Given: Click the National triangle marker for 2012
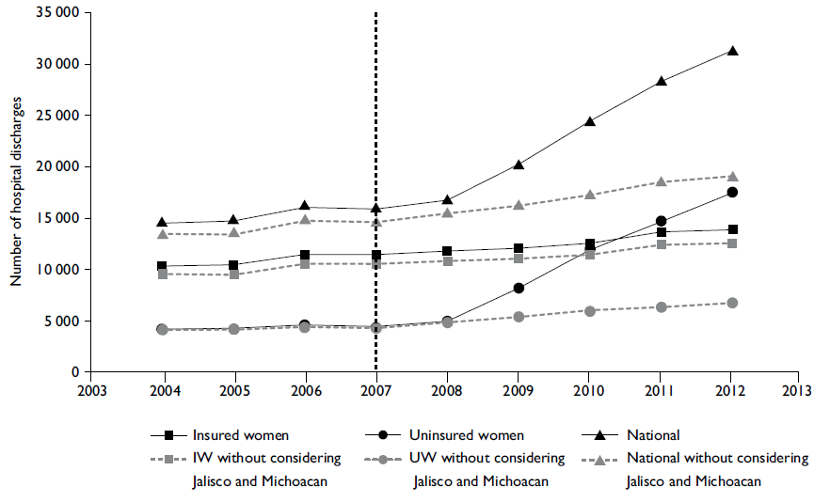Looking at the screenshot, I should coord(732,51).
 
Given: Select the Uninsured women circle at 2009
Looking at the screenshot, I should coord(519,288).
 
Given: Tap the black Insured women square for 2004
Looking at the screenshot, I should coord(163,266).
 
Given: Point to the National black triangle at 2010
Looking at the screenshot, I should coord(590,121).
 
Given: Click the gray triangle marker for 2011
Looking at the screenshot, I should coord(662,181).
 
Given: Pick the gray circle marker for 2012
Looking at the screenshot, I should coord(732,303).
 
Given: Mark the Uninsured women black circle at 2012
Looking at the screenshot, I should coord(732,192).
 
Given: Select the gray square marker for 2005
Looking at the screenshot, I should coord(234,275).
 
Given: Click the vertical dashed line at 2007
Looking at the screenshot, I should coord(375,188).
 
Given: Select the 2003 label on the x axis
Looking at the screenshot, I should coord(92,388).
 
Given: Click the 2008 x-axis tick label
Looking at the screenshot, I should coord(447,388).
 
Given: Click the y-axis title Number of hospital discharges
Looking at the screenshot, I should coord(16,202).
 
